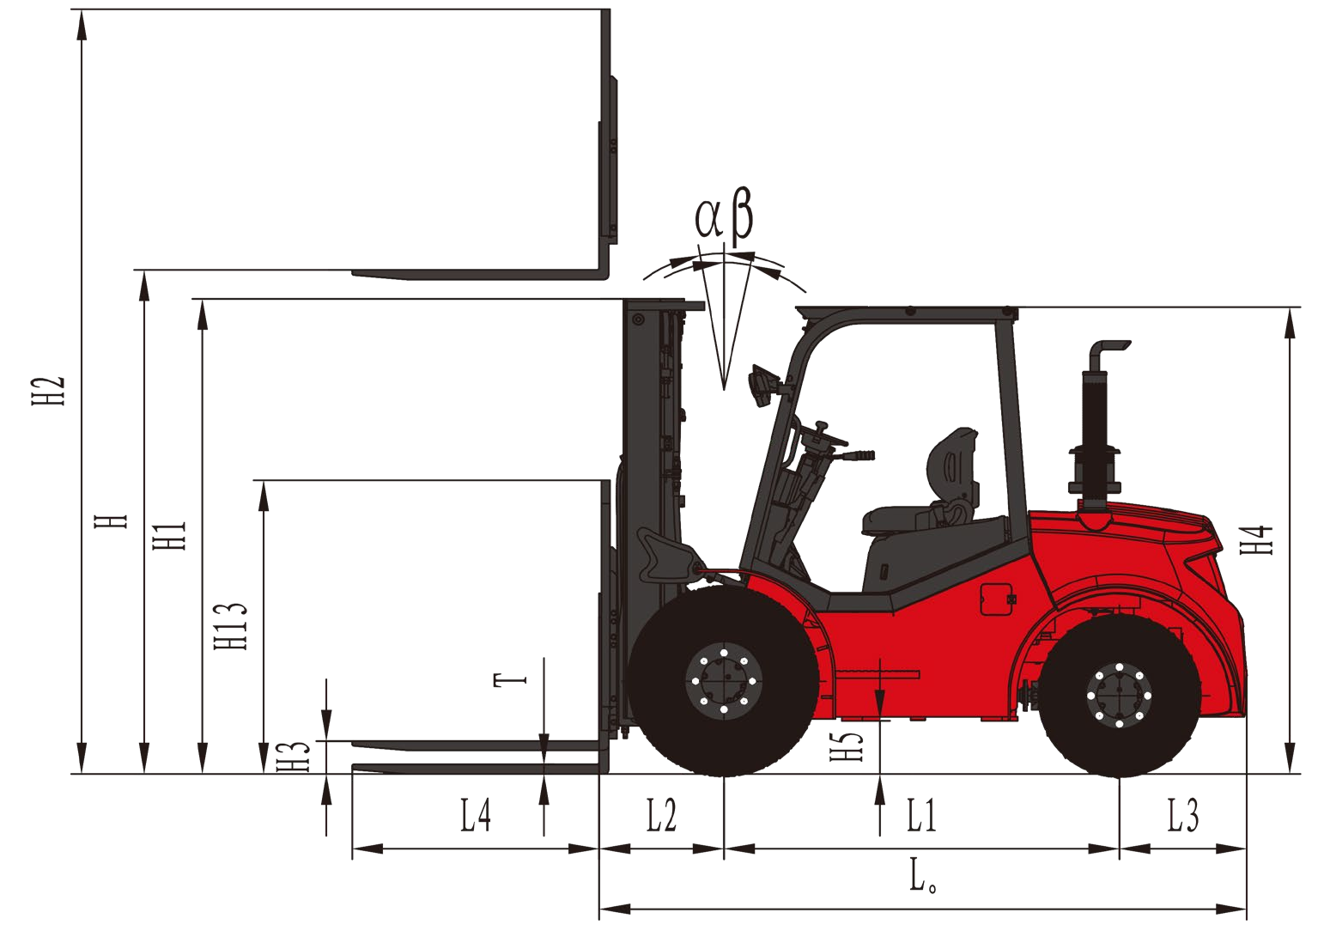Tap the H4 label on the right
[1256, 539]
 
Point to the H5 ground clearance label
[847, 746]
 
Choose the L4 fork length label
[476, 815]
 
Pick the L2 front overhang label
[661, 815]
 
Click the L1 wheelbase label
[922, 815]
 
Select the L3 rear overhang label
[1182, 815]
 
